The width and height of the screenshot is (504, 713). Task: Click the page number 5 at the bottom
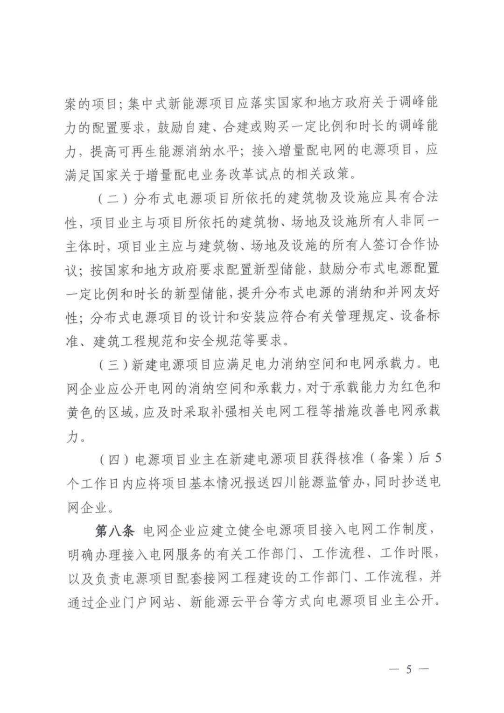pos(409,669)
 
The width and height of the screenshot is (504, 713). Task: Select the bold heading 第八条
pos(114,531)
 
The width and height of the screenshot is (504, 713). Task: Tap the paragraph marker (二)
pos(112,198)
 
